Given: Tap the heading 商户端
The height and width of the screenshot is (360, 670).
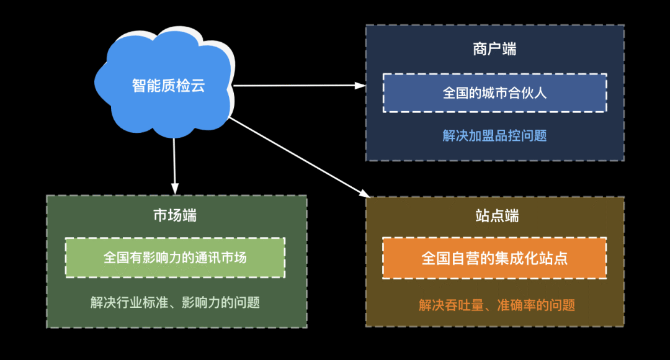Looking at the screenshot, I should [x=494, y=50].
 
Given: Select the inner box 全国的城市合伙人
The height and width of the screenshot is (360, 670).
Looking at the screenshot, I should [x=494, y=92].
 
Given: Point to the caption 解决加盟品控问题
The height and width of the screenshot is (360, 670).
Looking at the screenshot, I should [x=494, y=135].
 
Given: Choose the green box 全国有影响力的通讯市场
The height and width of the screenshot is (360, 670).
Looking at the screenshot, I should [x=175, y=257].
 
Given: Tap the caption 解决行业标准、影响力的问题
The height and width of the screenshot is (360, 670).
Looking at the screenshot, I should [x=175, y=302].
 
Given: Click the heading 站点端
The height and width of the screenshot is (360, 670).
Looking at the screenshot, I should [x=494, y=215].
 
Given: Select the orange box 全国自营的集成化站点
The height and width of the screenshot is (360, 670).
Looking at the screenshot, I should [x=494, y=258].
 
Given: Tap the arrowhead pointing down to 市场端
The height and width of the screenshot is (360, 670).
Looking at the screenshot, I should [x=175, y=187].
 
